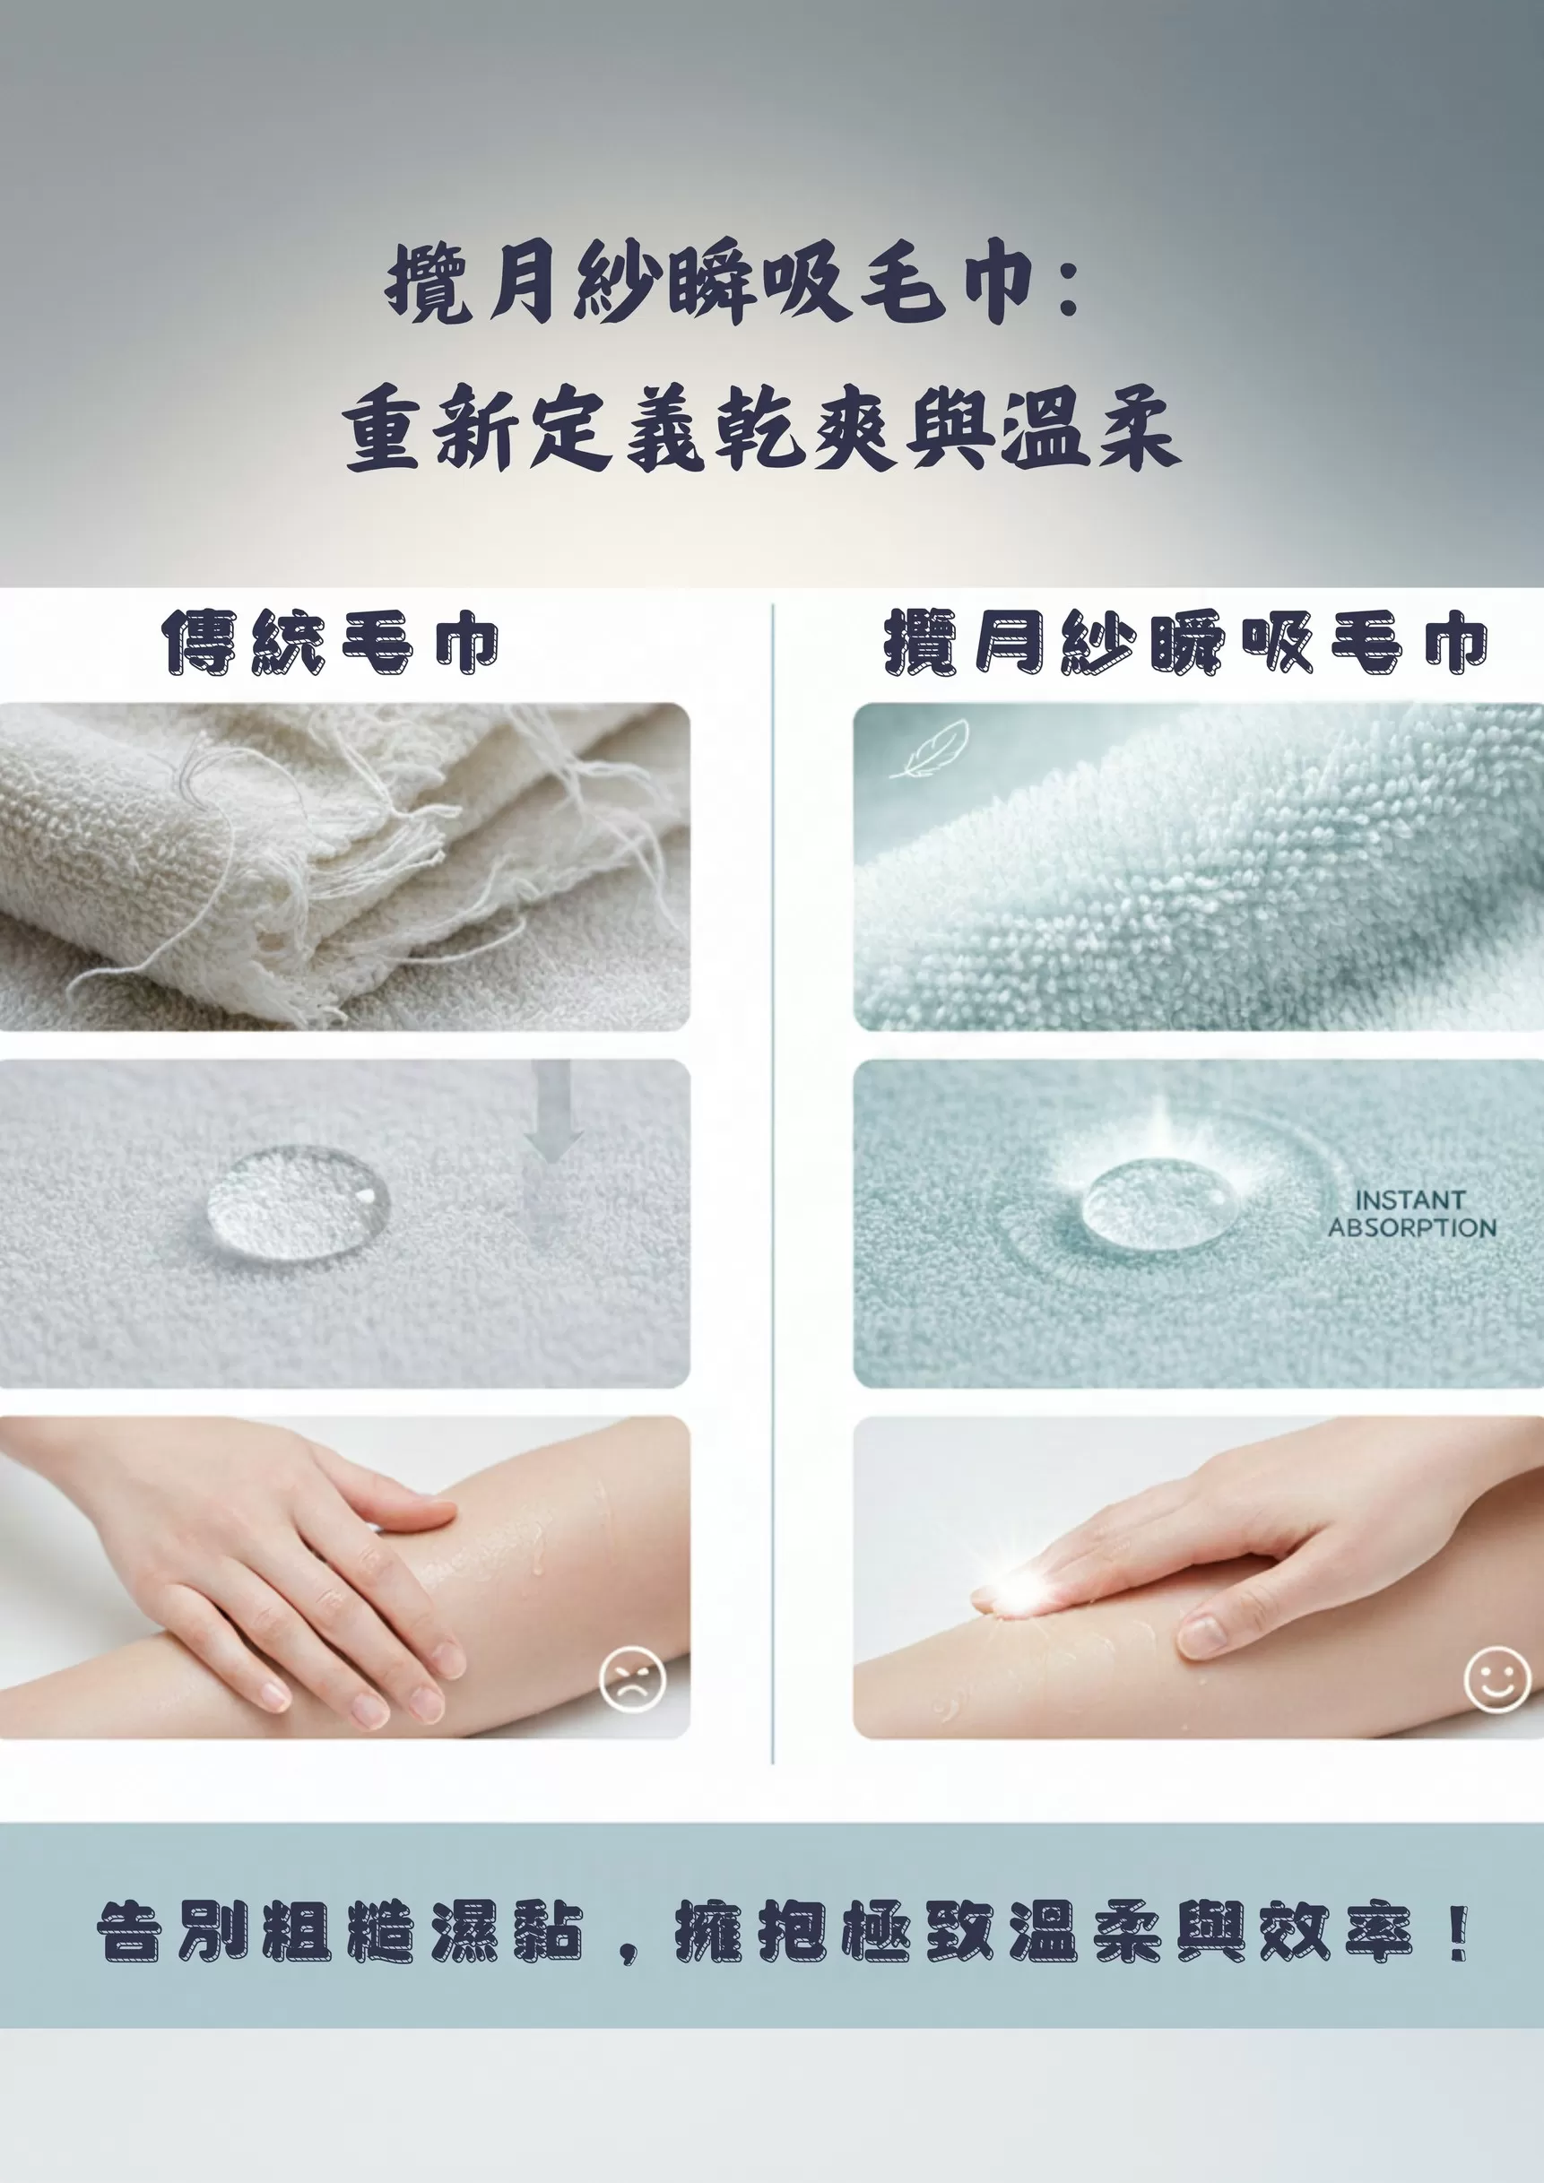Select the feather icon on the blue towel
tap(929, 749)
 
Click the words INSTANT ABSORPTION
tap(1412, 1214)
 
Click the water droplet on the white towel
tap(298, 1205)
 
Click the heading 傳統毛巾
tap(330, 643)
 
